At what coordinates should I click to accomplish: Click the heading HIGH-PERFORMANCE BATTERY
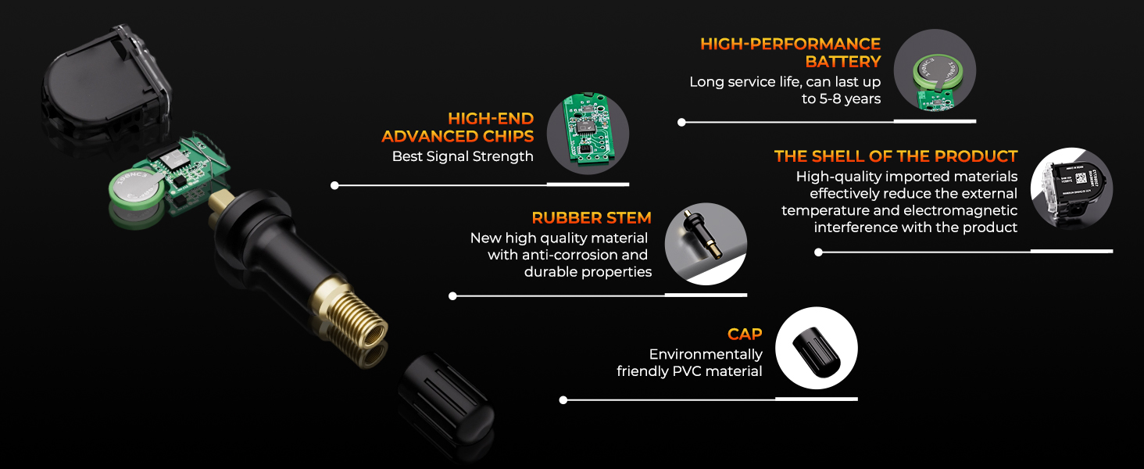[x=790, y=52]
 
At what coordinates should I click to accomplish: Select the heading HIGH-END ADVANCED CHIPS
[x=457, y=127]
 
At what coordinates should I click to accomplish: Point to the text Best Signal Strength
[x=463, y=156]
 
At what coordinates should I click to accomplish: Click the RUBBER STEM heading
[x=592, y=217]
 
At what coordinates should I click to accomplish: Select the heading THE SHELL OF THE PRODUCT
[x=896, y=156]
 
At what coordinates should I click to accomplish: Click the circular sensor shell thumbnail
[x=1072, y=188]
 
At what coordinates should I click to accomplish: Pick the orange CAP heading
[x=745, y=335]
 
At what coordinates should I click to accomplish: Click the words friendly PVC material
[x=689, y=371]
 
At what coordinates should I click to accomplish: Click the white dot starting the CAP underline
[x=563, y=399]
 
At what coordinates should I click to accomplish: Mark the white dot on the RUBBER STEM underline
[x=453, y=296]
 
